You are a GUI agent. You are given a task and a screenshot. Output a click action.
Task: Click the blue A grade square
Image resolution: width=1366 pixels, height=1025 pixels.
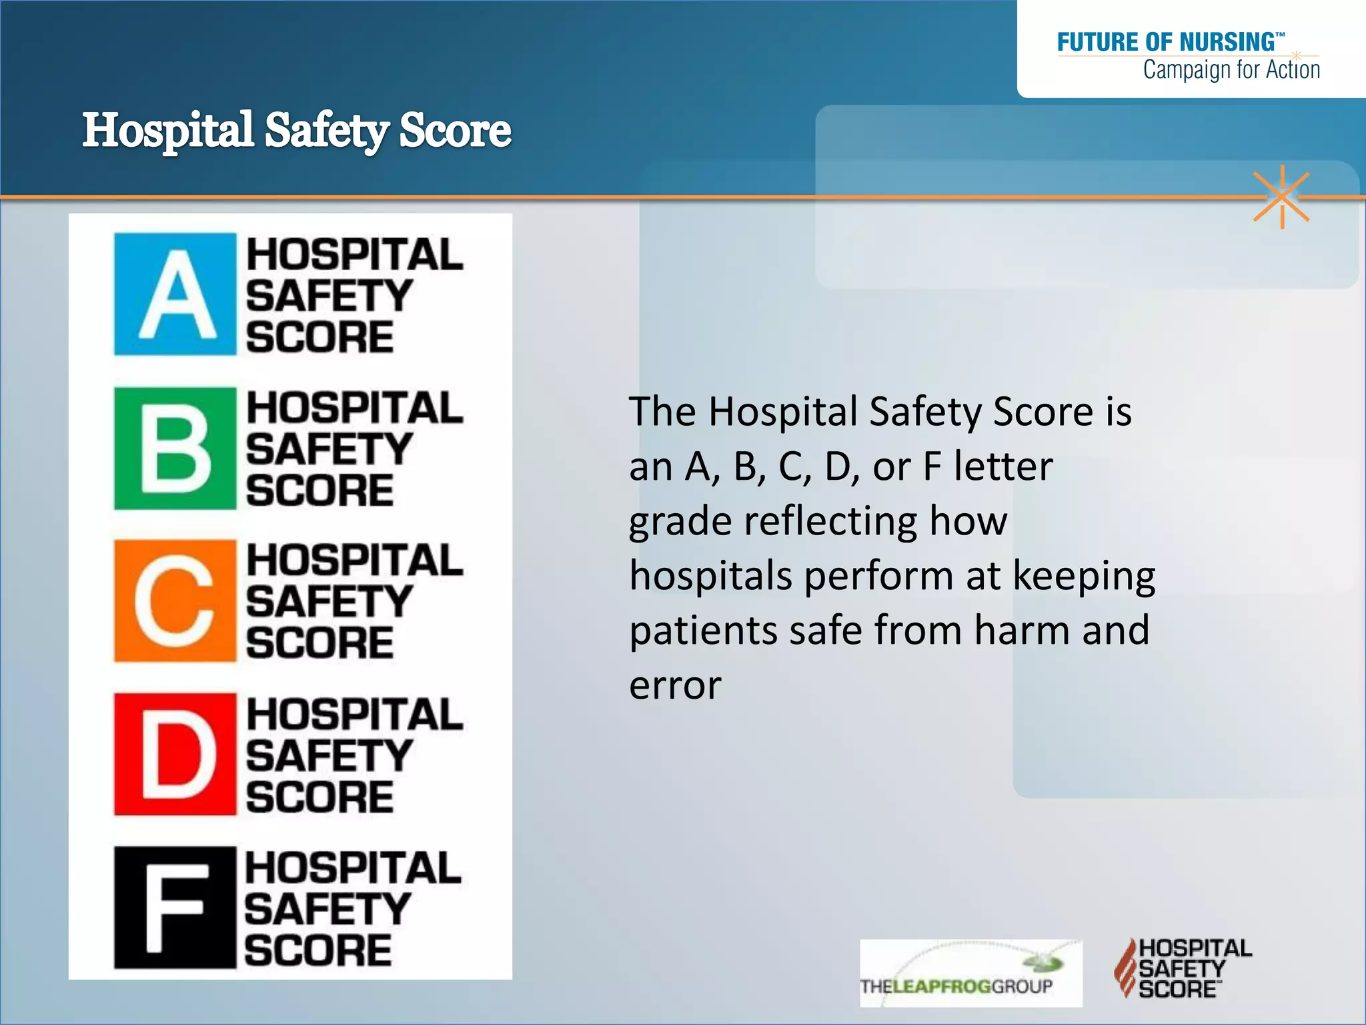[x=175, y=294]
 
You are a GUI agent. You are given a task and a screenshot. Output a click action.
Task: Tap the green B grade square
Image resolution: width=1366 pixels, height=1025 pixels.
[x=175, y=448]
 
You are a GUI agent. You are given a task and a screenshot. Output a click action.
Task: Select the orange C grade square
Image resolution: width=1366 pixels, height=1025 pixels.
[x=175, y=601]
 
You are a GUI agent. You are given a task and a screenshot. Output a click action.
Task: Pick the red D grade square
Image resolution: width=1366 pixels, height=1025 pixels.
[x=175, y=754]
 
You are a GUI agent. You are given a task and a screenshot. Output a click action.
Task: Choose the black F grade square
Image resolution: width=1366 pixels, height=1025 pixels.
[x=175, y=908]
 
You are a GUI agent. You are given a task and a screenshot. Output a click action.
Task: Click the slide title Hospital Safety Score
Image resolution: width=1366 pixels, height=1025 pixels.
[x=297, y=130]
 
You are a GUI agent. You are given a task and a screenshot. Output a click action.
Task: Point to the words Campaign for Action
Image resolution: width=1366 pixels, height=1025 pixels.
[x=1231, y=69]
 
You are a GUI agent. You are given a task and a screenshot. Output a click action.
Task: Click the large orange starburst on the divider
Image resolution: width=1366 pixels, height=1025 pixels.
[x=1281, y=197]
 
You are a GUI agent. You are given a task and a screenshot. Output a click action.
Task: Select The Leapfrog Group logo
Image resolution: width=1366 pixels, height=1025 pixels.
[x=970, y=973]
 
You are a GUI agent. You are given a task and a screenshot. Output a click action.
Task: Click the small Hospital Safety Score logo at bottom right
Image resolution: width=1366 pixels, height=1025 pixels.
[x=1183, y=968]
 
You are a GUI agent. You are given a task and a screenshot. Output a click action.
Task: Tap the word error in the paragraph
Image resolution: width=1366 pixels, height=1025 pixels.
[x=675, y=685]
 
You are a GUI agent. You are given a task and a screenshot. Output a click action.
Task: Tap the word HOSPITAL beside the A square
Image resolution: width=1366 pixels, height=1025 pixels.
[x=354, y=255]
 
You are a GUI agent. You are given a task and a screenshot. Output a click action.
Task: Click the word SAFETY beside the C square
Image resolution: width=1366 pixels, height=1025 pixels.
[x=329, y=602]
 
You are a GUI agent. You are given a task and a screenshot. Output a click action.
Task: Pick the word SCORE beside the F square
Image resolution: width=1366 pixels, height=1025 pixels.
[x=317, y=950]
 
